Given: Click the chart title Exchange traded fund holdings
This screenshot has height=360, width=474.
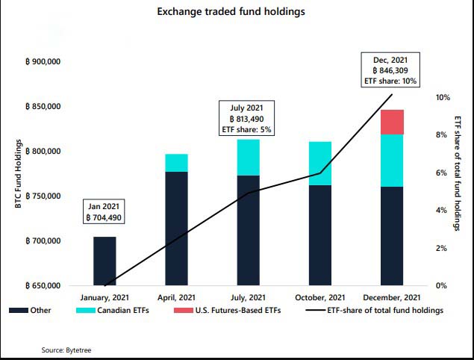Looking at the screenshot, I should pyautogui.click(x=237, y=12).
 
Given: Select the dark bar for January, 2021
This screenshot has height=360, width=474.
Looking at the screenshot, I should pyautogui.click(x=105, y=261).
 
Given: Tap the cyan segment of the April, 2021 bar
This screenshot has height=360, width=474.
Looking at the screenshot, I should pyautogui.click(x=176, y=163).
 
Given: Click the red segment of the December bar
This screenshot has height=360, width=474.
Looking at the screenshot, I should pyautogui.click(x=392, y=122).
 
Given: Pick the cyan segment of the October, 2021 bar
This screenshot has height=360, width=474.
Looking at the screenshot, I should pyautogui.click(x=320, y=163).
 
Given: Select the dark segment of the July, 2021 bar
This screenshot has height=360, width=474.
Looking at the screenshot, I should pyautogui.click(x=249, y=230).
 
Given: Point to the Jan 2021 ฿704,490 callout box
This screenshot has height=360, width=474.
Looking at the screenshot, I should pyautogui.click(x=105, y=211).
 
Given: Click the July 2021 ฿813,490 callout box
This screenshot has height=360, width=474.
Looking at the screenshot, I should pyautogui.click(x=249, y=118).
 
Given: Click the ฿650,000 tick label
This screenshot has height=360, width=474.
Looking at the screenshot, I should pyautogui.click(x=43, y=286).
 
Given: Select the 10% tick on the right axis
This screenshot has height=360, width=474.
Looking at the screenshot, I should pyautogui.click(x=443, y=98).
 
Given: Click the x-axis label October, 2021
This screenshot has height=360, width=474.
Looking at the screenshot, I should pyautogui.click(x=320, y=297).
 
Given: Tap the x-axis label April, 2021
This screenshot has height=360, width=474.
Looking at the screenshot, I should pyautogui.click(x=176, y=297).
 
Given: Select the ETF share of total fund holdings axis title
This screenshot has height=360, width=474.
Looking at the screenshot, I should pyautogui.click(x=458, y=173).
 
